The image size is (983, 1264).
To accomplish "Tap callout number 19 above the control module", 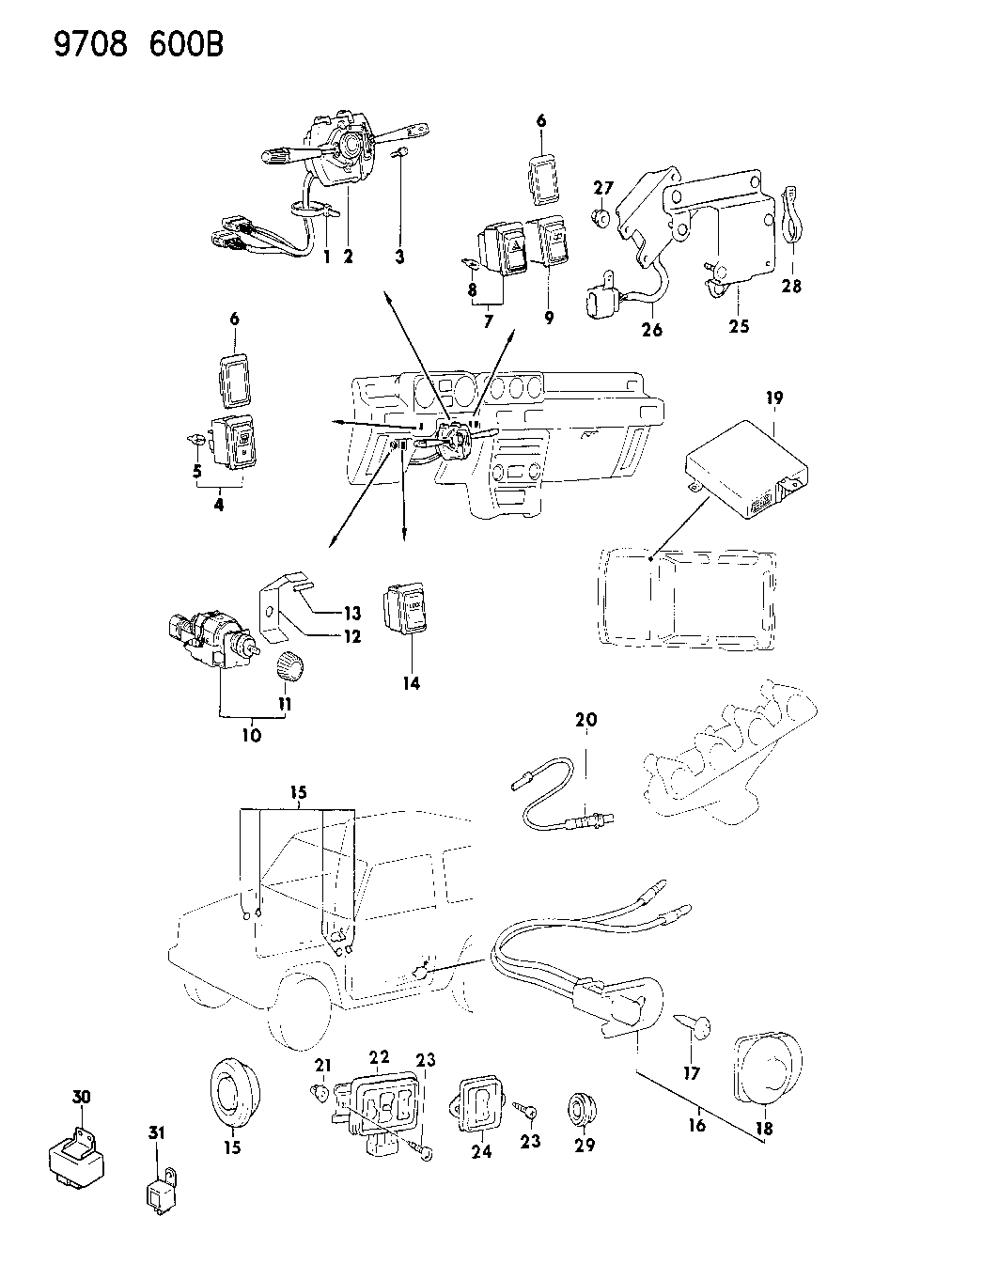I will [x=773, y=398].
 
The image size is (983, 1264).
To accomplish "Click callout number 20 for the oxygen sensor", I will [x=586, y=721].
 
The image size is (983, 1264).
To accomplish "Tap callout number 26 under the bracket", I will [x=651, y=329].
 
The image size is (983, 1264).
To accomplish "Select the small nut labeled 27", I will [x=599, y=219].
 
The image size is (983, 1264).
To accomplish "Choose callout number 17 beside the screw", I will [x=692, y=1072].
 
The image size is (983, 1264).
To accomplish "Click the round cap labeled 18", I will [x=767, y=1065].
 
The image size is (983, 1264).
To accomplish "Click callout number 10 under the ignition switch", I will [x=251, y=735].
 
